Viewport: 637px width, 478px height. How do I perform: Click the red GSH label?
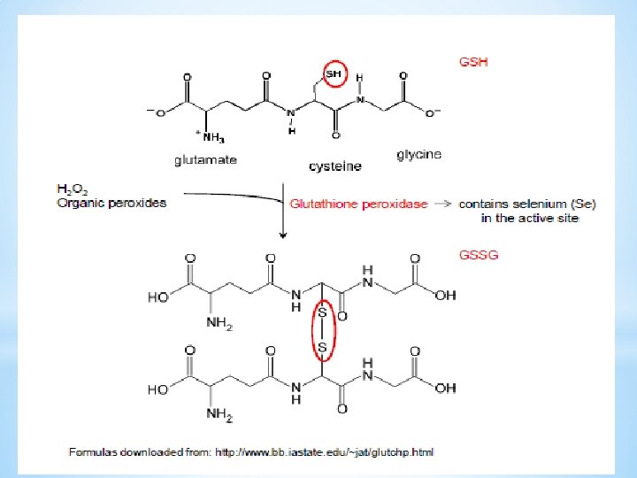pyautogui.click(x=473, y=62)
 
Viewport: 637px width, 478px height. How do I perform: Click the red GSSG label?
pyautogui.click(x=479, y=255)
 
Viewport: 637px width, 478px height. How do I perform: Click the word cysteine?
pyautogui.click(x=335, y=166)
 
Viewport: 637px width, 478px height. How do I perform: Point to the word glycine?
pyautogui.click(x=418, y=154)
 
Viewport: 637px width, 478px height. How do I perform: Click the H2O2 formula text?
pyautogui.click(x=72, y=189)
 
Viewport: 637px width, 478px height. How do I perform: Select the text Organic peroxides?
pyautogui.click(x=111, y=203)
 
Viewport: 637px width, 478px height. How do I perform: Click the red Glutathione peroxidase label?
pyautogui.click(x=358, y=204)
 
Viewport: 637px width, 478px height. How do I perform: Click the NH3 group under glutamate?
pyautogui.click(x=213, y=137)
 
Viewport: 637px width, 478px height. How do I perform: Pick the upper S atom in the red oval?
pyautogui.click(x=322, y=312)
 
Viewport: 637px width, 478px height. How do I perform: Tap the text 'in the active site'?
pyautogui.click(x=530, y=218)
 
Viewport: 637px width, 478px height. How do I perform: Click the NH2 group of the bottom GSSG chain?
pyautogui.click(x=219, y=414)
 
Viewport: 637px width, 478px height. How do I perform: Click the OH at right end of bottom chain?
pyautogui.click(x=446, y=389)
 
